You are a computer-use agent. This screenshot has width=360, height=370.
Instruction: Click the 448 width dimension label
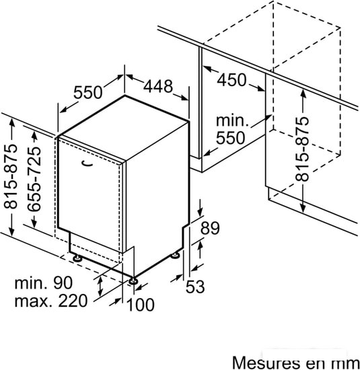point(158,86)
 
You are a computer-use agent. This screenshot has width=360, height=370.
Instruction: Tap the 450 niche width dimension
point(231,80)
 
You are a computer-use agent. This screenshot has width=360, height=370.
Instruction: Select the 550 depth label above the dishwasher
point(88,92)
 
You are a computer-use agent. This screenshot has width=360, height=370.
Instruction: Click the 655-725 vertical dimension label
point(34,179)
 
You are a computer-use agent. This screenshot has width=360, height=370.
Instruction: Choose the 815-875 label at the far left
point(10,176)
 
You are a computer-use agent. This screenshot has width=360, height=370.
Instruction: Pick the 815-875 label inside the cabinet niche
point(302,149)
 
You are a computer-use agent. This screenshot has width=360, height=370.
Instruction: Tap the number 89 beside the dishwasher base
point(210,228)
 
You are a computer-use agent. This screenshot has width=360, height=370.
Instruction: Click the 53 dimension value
point(195,287)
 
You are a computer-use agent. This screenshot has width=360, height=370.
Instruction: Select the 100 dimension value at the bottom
point(141,305)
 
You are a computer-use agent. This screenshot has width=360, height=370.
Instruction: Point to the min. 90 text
point(44,283)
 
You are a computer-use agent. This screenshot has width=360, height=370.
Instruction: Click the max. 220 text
point(51,301)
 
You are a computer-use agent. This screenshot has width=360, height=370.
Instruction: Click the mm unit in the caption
point(347,364)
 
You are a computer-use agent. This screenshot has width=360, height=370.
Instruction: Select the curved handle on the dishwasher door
point(86,163)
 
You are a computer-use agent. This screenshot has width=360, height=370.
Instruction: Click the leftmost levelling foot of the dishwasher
point(77,258)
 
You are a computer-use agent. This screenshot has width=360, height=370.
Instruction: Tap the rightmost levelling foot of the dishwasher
point(176,256)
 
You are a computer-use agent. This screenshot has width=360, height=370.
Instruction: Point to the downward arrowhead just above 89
point(201,212)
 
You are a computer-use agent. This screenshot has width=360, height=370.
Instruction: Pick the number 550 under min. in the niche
point(230,138)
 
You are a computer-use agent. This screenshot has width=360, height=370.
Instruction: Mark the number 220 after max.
point(73,301)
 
